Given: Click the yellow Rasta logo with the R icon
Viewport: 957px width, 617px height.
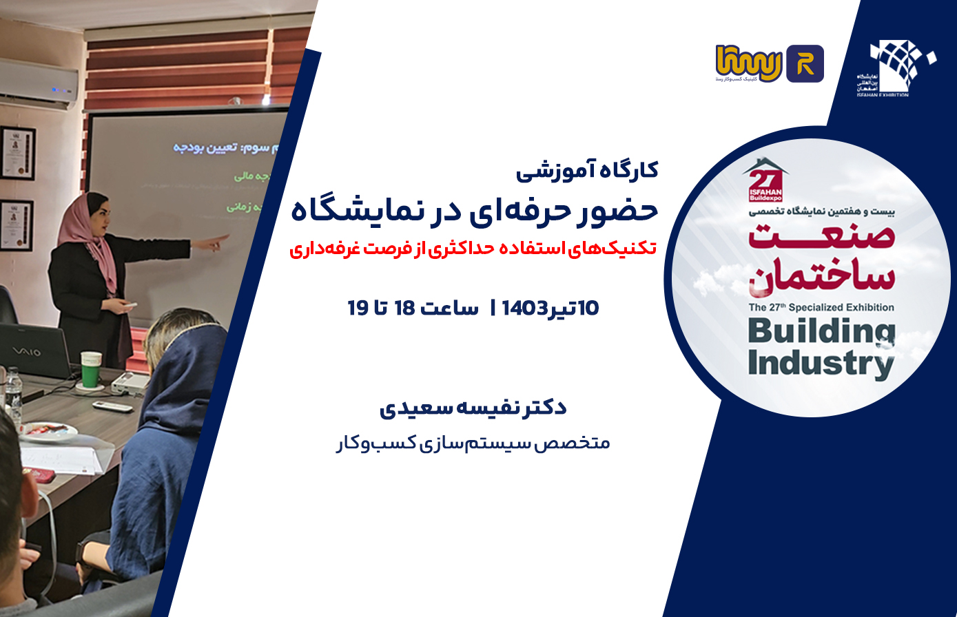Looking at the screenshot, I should click(770, 64).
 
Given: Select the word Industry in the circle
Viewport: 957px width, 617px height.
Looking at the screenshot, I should click(820, 363).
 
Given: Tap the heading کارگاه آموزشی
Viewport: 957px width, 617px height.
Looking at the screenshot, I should click(587, 170).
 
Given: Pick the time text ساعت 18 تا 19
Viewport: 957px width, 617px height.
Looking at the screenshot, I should click(413, 308).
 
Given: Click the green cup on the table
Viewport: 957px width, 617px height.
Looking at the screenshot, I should click(90, 368).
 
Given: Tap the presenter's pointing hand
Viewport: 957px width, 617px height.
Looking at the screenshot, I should click(220, 240).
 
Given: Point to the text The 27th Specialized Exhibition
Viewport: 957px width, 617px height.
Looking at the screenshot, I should click(821, 307).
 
